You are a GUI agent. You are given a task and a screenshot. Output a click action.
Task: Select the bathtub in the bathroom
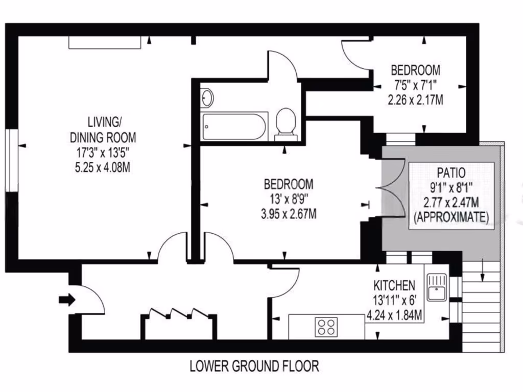[x=234, y=127]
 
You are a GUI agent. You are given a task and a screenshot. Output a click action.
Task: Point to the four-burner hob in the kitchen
[x=326, y=327]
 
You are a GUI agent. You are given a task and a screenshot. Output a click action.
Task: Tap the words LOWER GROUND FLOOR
[x=254, y=366]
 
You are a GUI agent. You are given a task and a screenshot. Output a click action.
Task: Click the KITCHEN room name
[x=395, y=285]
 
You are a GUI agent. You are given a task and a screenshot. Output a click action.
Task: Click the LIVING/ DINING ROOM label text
[x=103, y=130]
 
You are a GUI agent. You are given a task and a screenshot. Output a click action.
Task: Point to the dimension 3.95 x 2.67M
[x=288, y=213]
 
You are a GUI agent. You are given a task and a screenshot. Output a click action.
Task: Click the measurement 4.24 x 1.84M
[x=395, y=315]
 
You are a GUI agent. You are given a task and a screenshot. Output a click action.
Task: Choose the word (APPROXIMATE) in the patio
[x=450, y=216]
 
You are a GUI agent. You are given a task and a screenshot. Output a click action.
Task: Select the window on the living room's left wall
[x=9, y=160]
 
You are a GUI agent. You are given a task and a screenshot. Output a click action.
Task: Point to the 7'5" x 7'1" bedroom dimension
[x=415, y=84]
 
